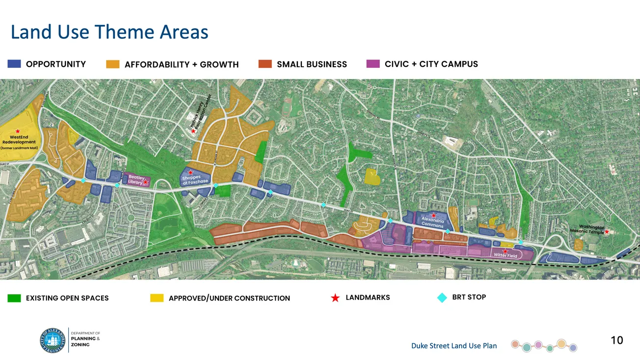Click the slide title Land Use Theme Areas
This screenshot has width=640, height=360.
(x=109, y=32)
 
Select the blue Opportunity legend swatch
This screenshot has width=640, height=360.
(x=14, y=64)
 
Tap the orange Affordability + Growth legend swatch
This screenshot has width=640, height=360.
(x=113, y=64)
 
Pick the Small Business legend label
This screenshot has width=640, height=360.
(x=312, y=64)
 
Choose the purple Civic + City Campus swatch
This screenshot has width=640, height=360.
(x=373, y=64)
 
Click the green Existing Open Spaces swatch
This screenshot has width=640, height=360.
(x=14, y=298)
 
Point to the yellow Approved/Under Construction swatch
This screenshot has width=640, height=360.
(x=157, y=298)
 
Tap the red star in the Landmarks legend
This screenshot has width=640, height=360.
(x=335, y=298)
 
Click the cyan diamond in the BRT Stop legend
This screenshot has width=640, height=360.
(x=442, y=297)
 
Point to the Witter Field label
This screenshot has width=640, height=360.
(x=506, y=256)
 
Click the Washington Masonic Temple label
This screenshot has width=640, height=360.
(x=587, y=229)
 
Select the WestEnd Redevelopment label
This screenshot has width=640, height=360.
(x=19, y=142)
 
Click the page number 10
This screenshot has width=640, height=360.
(x=616, y=340)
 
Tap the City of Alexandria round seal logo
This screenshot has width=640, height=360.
(x=53, y=340)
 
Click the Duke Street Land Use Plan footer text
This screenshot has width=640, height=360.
(x=454, y=346)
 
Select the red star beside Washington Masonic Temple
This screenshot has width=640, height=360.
(x=607, y=232)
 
